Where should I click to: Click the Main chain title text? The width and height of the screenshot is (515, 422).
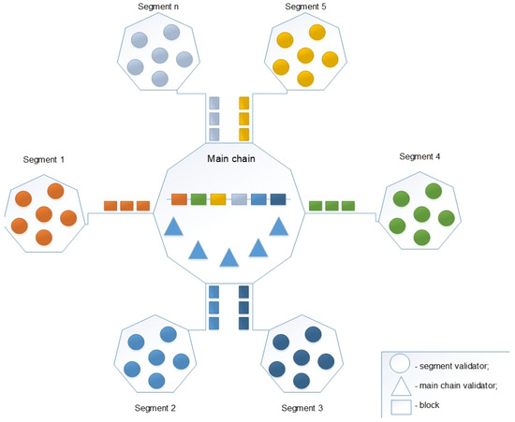(x=231, y=159)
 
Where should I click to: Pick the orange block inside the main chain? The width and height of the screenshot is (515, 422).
(x=178, y=198)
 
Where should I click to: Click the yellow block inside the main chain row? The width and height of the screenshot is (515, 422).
(x=218, y=198)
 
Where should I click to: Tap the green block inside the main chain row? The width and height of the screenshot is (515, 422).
(x=198, y=198)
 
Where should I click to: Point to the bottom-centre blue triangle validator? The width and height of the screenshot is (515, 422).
(x=228, y=257)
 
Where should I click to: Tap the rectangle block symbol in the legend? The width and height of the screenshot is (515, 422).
(x=400, y=406)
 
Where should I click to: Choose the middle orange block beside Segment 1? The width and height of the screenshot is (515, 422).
(x=126, y=205)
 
